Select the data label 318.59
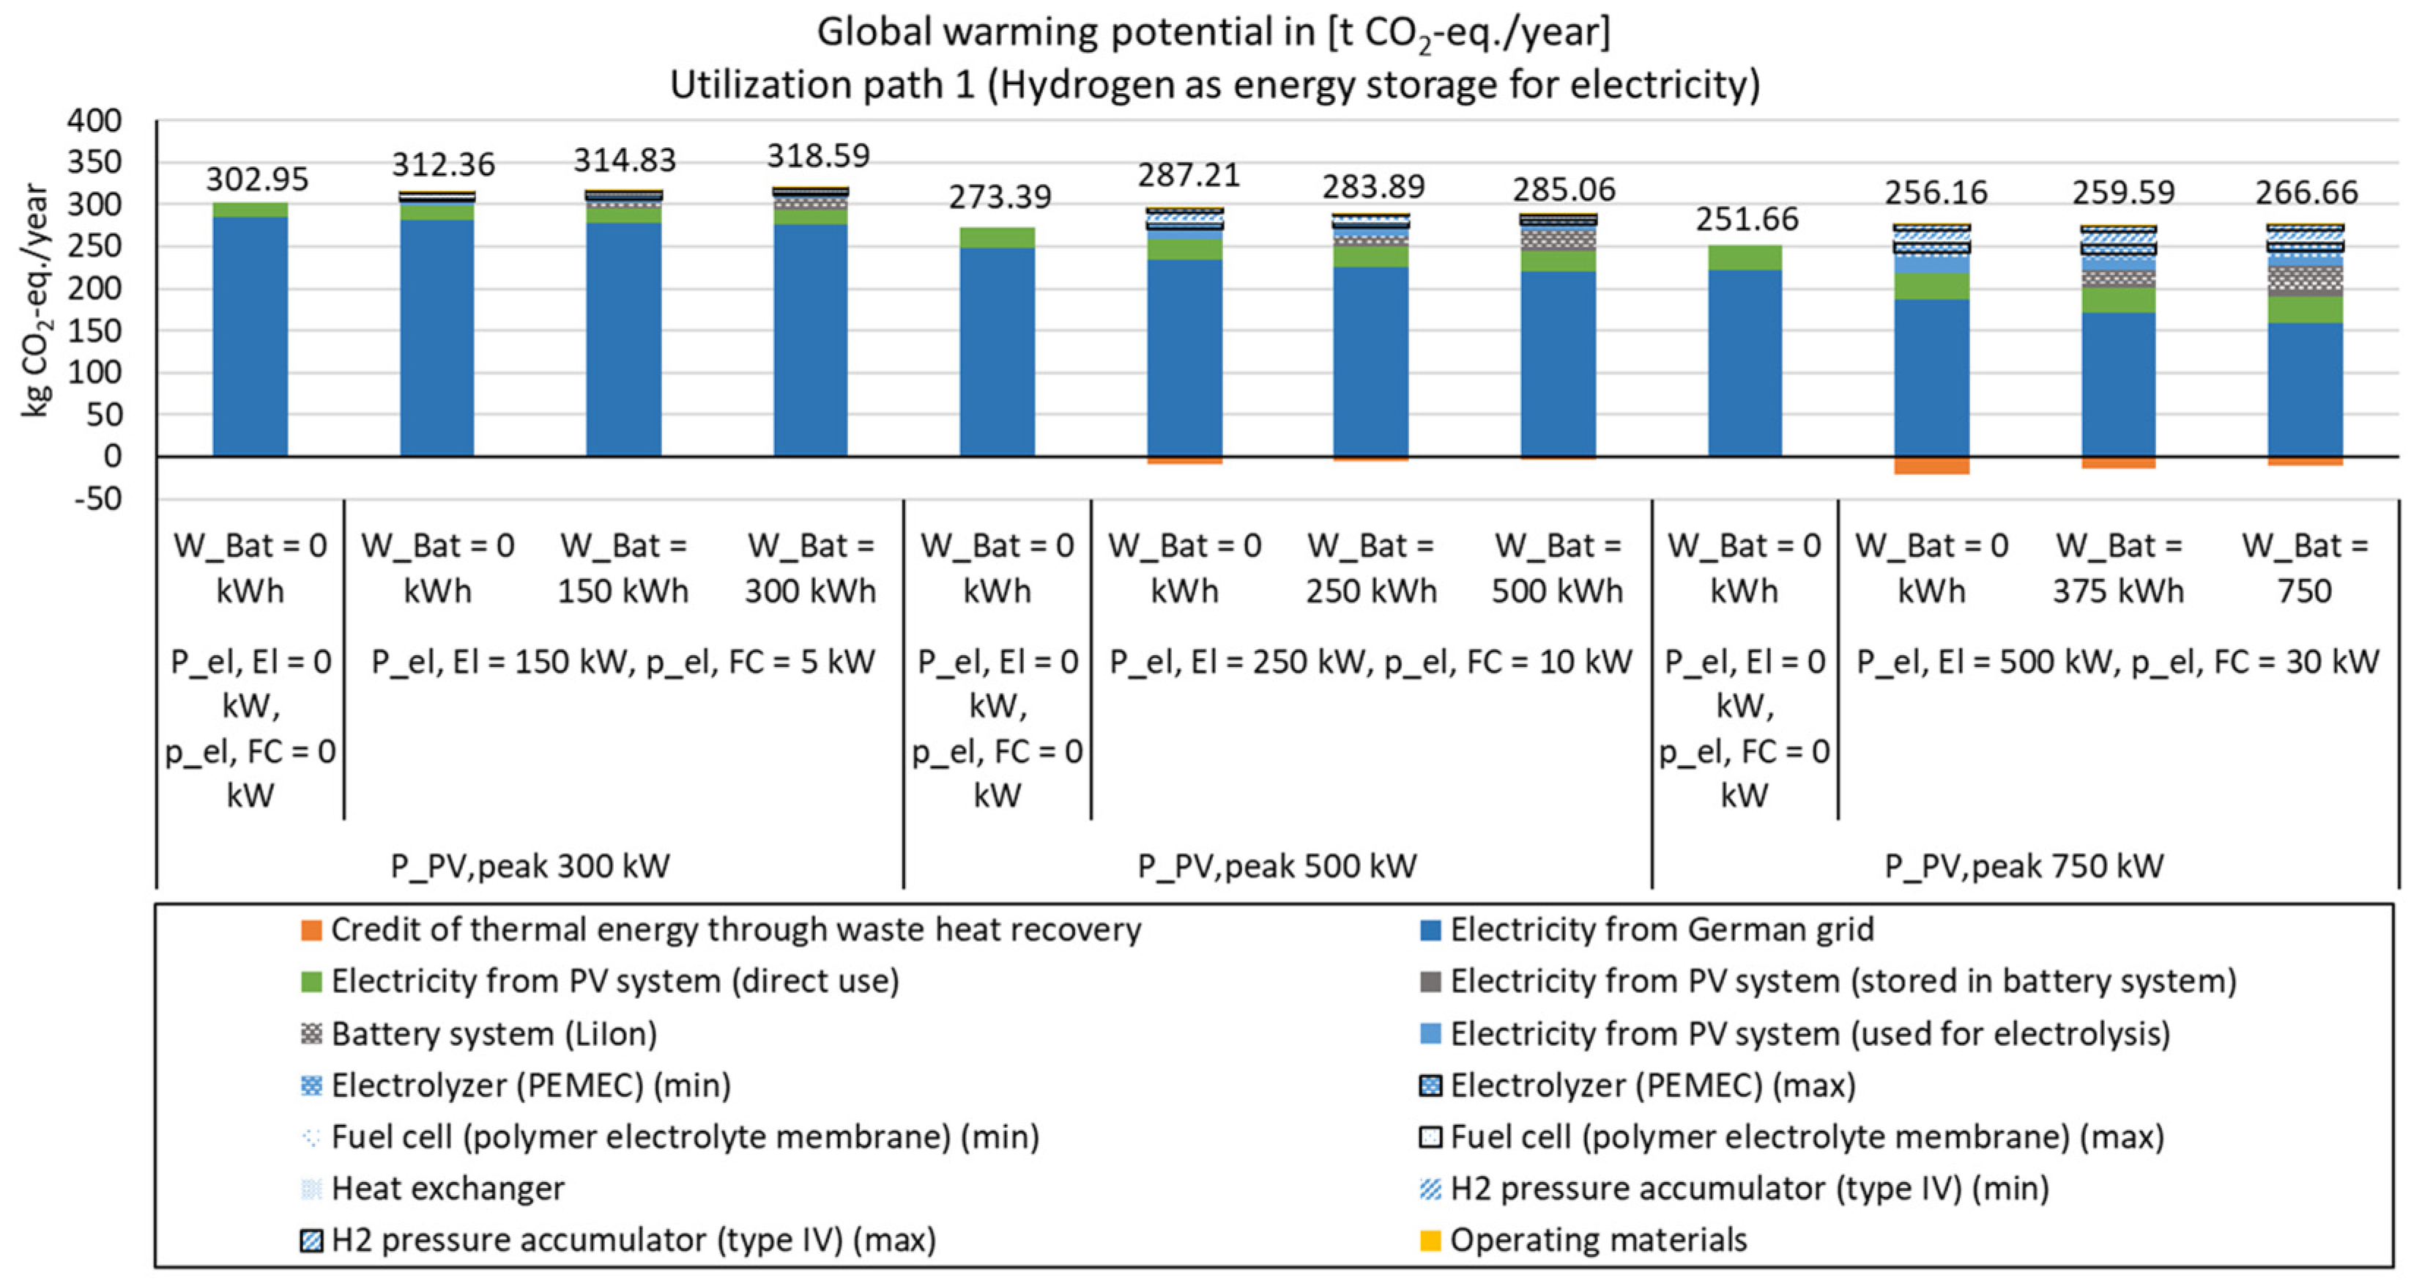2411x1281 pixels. tap(818, 155)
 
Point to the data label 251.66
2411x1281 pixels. tap(1747, 219)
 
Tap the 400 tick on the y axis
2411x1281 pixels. tap(94, 121)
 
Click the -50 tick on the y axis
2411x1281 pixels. tap(98, 499)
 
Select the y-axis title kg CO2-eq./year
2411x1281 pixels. tap(36, 300)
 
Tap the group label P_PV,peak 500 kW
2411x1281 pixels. tap(1277, 866)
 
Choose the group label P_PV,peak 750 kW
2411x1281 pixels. tap(2024, 866)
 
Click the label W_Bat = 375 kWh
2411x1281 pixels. tap(2118, 569)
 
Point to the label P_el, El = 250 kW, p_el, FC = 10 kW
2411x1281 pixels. tap(1370, 662)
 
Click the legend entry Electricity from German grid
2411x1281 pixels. tap(1661, 930)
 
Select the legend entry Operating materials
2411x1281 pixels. tap(1597, 1240)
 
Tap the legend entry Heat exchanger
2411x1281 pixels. tap(447, 1189)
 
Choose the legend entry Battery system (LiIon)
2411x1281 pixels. tap(493, 1034)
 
